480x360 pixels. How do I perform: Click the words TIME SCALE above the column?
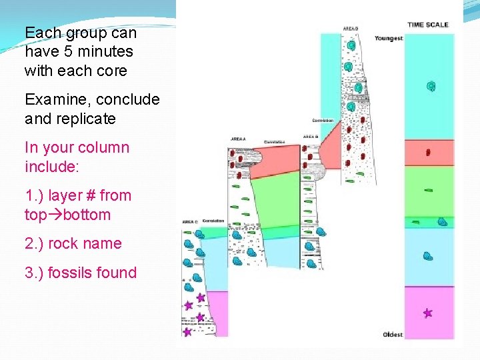click(x=428, y=25)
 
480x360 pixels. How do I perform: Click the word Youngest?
click(x=389, y=38)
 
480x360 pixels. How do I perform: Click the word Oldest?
click(x=393, y=335)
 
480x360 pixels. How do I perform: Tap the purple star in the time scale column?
click(x=427, y=313)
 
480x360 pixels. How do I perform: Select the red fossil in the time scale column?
click(x=428, y=153)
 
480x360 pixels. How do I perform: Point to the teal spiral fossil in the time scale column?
click(x=431, y=86)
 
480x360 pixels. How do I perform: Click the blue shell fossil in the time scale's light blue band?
click(x=428, y=255)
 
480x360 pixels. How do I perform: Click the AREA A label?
click(x=238, y=139)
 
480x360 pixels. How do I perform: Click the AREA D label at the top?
click(x=351, y=29)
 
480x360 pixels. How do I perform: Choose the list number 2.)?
click(x=35, y=243)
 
